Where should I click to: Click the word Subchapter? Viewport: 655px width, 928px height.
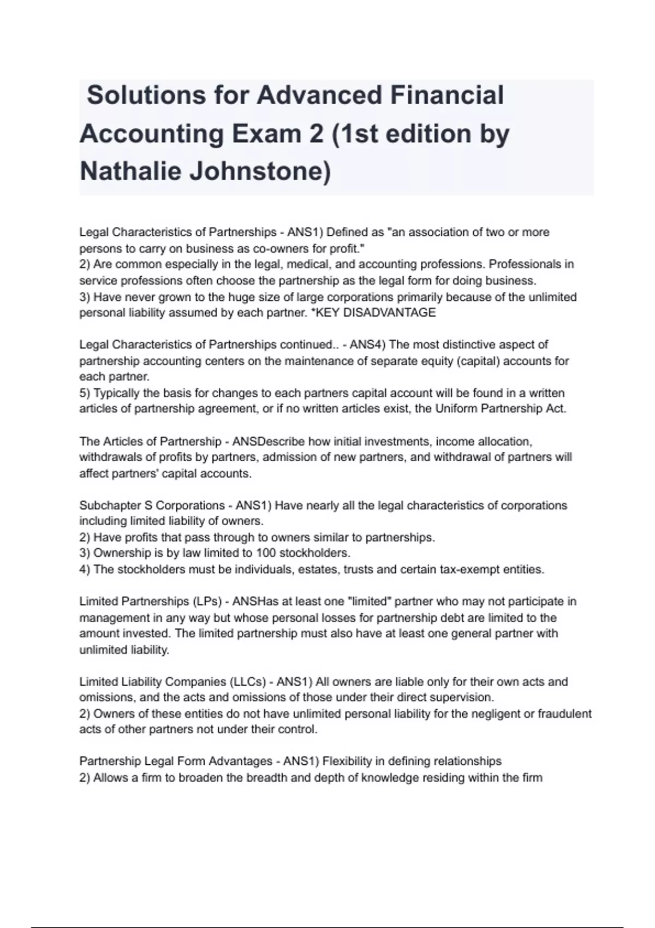111,505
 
